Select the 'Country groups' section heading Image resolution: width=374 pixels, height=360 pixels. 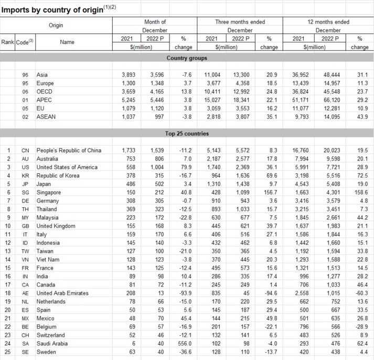(x=187, y=58)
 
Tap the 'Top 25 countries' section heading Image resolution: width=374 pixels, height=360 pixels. (x=187, y=133)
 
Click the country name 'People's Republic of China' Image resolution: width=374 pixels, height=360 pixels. (x=68, y=151)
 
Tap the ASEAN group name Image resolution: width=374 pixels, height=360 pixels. (x=46, y=117)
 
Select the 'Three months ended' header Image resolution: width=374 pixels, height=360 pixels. (x=240, y=22)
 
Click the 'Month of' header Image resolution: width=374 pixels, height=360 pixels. (x=155, y=22)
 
